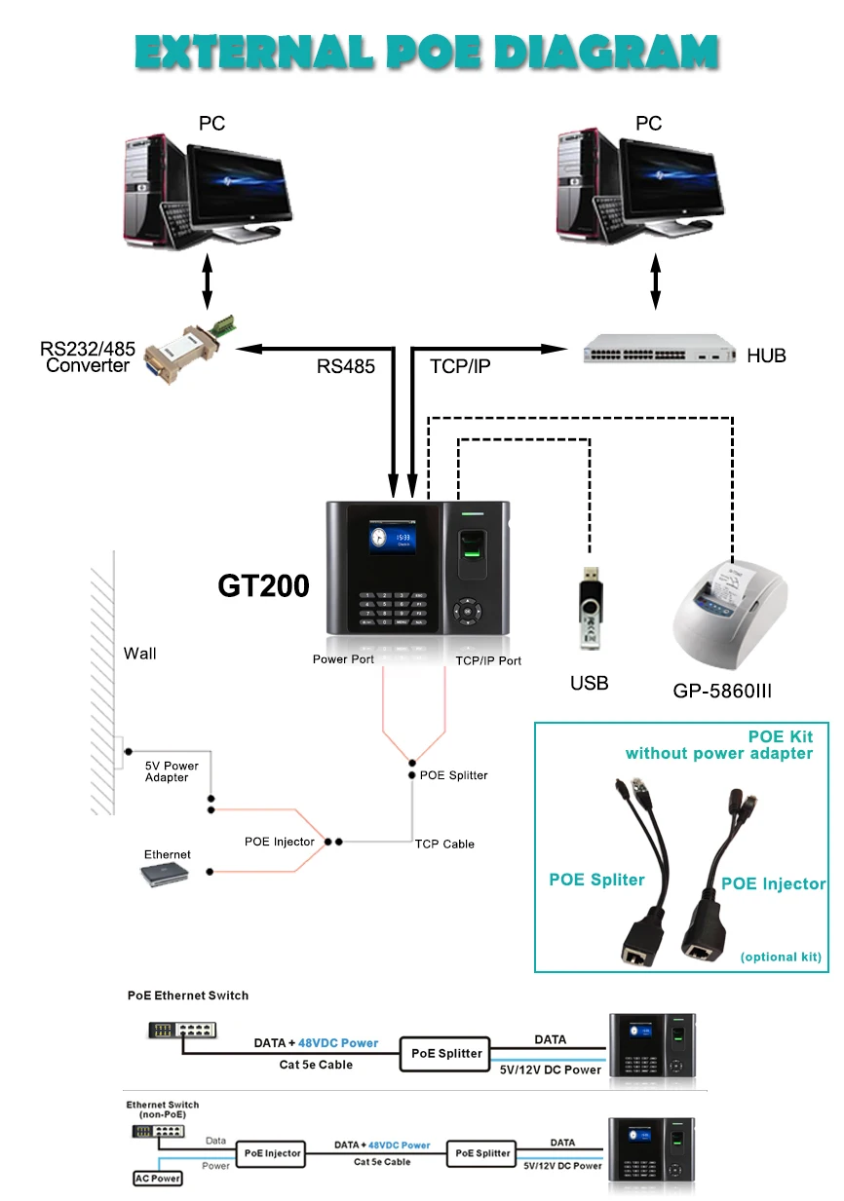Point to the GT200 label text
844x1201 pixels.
tap(263, 585)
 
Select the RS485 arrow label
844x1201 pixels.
tap(345, 366)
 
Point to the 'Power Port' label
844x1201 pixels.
tap(343, 659)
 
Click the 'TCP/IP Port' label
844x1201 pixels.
tap(488, 660)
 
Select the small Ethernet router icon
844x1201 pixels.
tap(166, 875)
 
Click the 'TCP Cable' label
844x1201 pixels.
tap(444, 844)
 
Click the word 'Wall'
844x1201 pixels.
tap(139, 654)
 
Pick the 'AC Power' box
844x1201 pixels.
tap(157, 1179)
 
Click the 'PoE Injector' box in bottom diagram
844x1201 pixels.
tap(273, 1153)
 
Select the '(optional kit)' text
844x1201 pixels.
tap(781, 957)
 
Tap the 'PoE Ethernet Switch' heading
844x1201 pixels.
tap(188, 995)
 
